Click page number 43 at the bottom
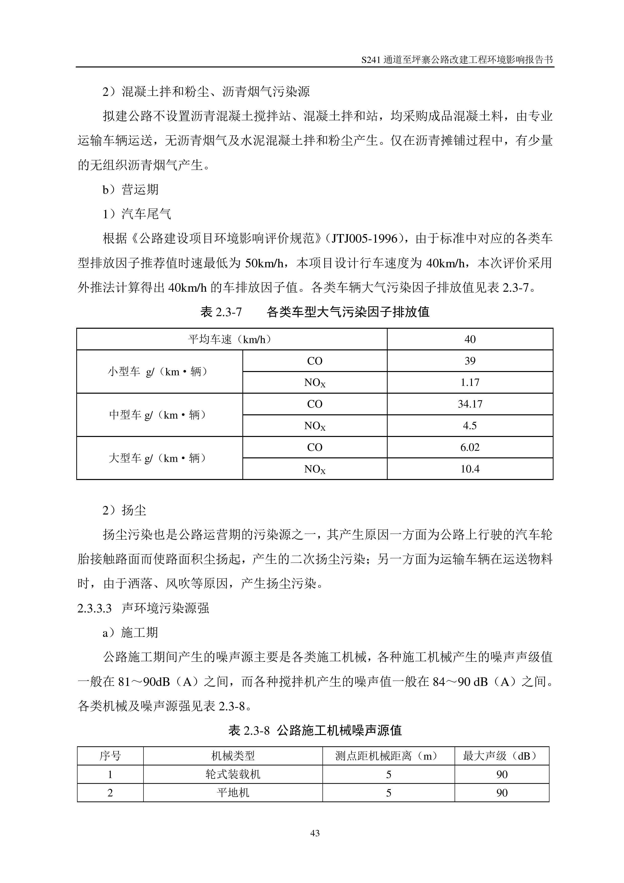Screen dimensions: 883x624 click(x=314, y=833)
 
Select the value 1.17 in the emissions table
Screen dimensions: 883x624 click(x=470, y=382)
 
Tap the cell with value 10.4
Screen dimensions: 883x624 click(x=470, y=469)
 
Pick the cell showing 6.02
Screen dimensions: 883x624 click(x=470, y=447)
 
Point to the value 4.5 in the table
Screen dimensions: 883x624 click(x=470, y=426)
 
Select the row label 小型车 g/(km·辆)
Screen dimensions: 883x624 click(x=158, y=372)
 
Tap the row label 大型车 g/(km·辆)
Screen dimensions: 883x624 click(x=158, y=458)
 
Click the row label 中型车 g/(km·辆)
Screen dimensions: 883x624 click(x=158, y=415)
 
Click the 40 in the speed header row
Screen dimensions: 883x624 click(x=470, y=339)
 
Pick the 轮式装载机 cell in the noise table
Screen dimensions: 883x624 click(x=233, y=774)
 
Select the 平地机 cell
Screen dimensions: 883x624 click(x=233, y=793)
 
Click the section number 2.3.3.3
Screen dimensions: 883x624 click(x=95, y=608)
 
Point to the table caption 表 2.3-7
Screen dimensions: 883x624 click(x=221, y=312)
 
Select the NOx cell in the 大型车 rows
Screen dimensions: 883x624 click(x=314, y=469)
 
